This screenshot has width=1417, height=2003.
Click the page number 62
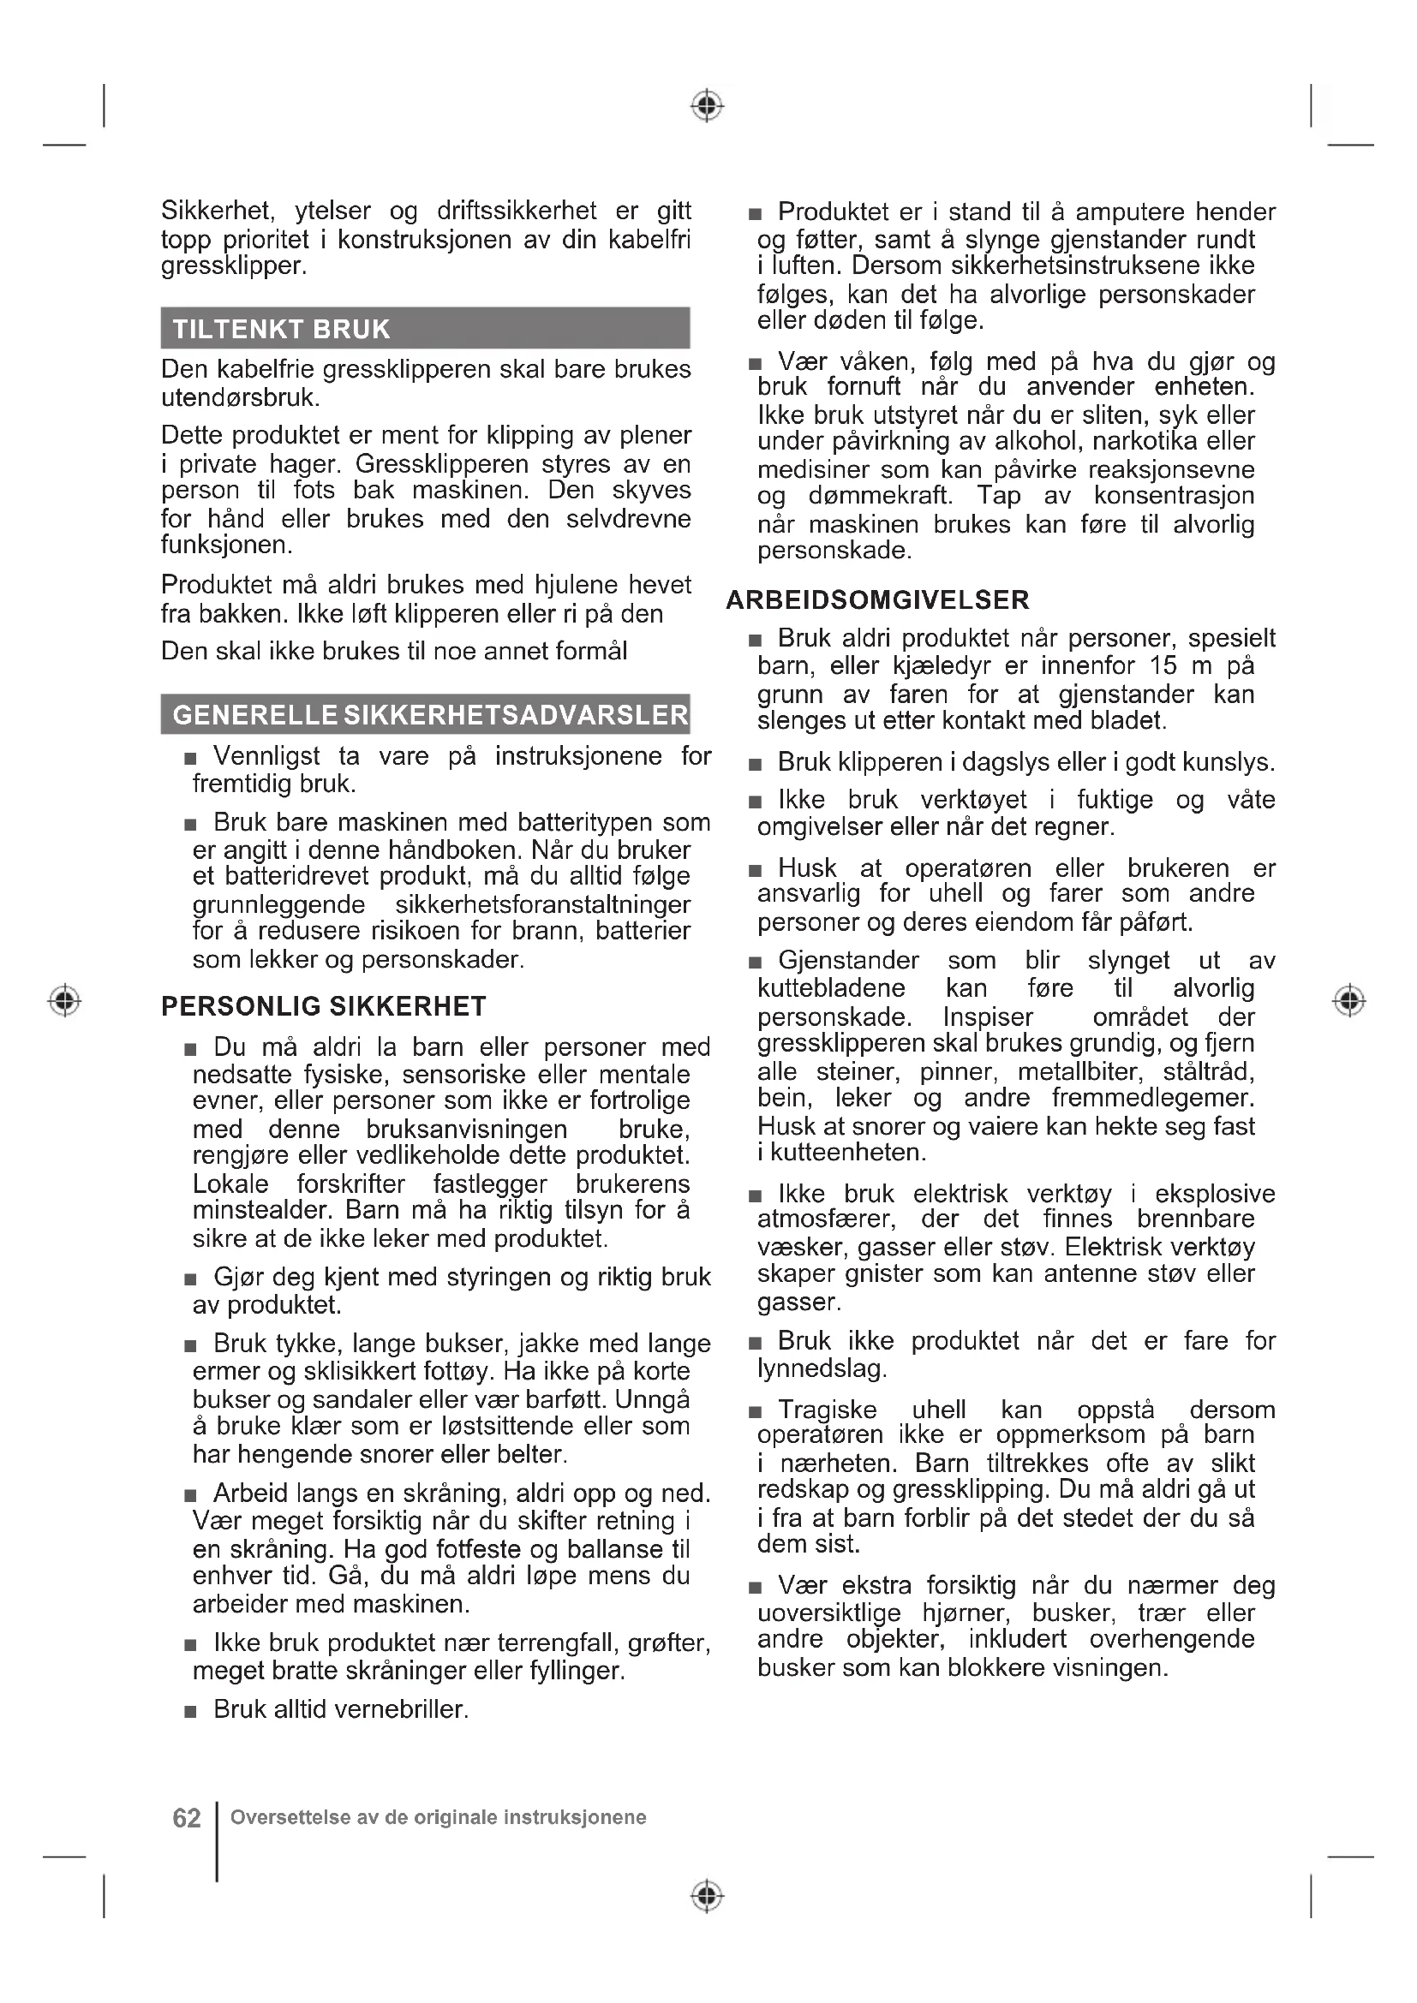187,1818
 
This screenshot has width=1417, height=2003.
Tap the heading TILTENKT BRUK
281,329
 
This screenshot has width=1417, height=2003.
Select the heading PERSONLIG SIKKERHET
324,1006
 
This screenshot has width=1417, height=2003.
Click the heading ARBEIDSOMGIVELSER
878,599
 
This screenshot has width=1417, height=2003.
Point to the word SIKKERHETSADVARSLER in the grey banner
517,715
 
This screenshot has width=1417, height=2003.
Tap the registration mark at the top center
708,105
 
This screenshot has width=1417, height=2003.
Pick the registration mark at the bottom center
708,1896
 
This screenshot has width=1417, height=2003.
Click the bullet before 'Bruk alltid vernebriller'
191,1712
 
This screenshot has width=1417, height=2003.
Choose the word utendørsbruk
240,398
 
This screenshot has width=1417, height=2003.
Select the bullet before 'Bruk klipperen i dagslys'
756,764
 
